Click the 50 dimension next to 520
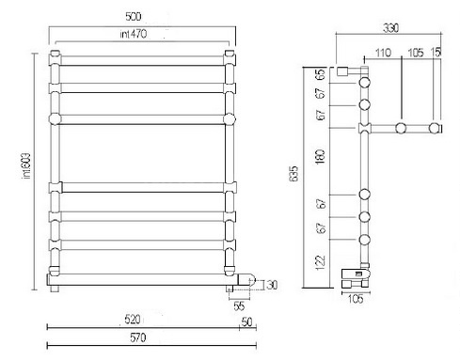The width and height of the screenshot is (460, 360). point(247,321)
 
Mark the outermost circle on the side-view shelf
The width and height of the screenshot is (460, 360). point(436,127)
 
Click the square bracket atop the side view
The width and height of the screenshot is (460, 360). point(345,71)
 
